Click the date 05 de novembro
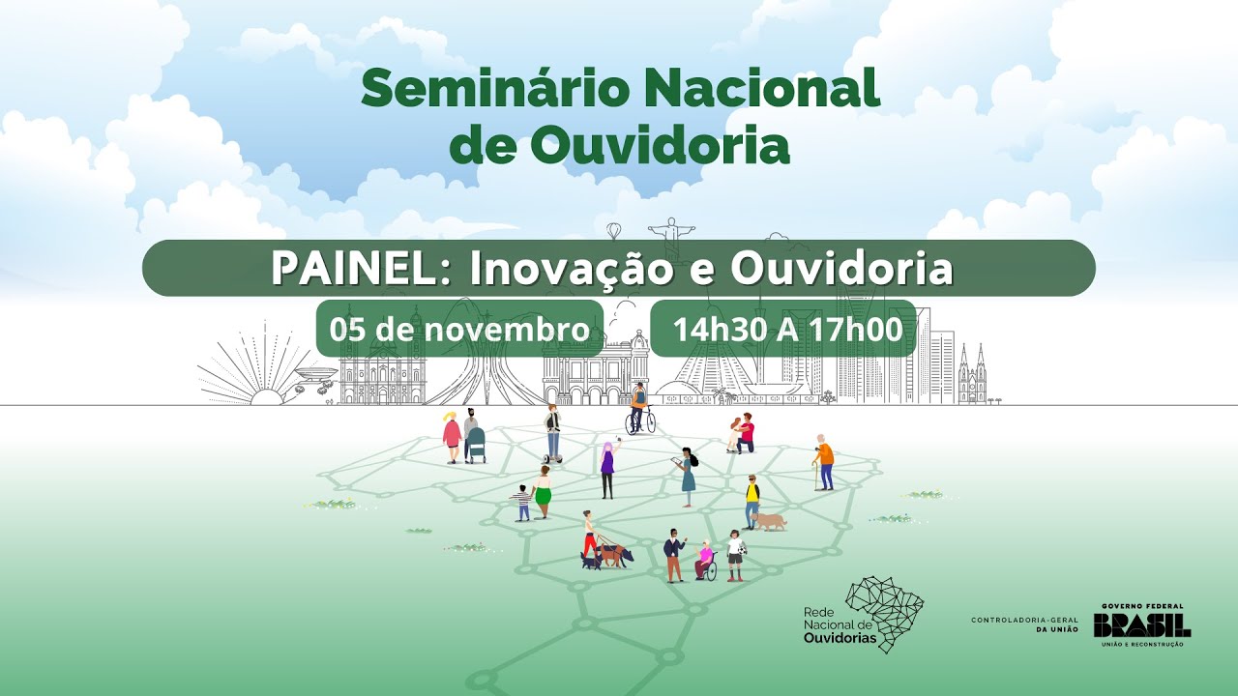[x=459, y=329]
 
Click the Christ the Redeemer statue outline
[x=671, y=236]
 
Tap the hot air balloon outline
[x=613, y=231]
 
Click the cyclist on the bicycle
[x=639, y=409]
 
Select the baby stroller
[x=475, y=445]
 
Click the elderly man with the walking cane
[x=823, y=462]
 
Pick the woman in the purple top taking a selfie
[x=607, y=469]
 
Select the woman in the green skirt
[x=543, y=492]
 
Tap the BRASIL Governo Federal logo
[x=1142, y=625]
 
